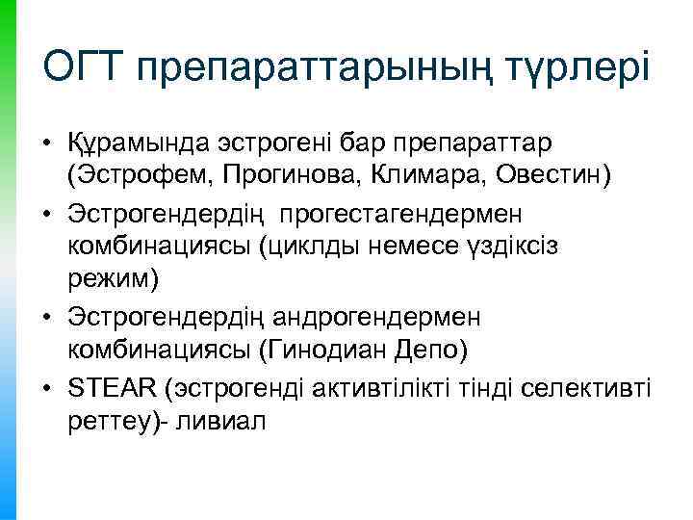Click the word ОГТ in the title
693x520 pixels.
pyautogui.click(x=84, y=68)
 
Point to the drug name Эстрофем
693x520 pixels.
pyautogui.click(x=129, y=174)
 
